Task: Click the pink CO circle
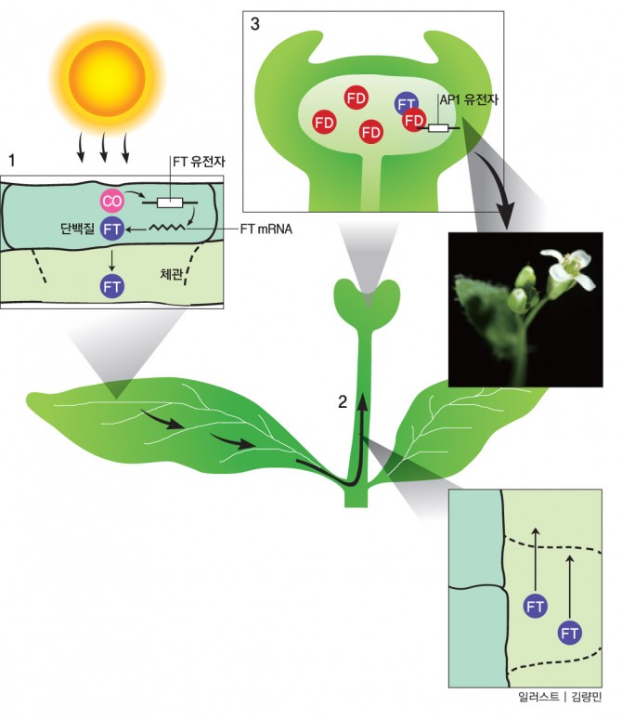tap(110, 201)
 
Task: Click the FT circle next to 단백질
tap(112, 228)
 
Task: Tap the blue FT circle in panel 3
tap(405, 103)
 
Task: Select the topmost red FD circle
tap(355, 98)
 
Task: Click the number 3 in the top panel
tap(255, 25)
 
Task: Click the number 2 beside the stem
tap(342, 402)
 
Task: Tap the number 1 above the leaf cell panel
tap(11, 160)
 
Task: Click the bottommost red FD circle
tap(370, 132)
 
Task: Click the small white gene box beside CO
tap(170, 202)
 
